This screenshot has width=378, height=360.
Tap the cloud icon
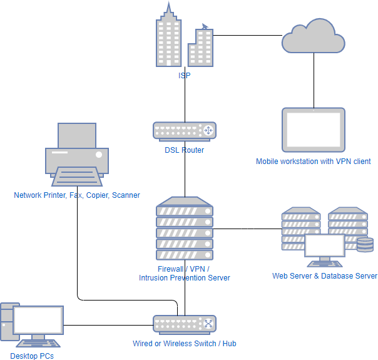click(312, 38)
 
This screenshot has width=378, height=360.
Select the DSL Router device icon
click(185, 130)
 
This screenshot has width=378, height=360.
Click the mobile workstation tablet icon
click(313, 130)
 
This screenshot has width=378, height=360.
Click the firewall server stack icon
click(185, 229)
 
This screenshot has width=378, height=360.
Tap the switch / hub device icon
click(185, 324)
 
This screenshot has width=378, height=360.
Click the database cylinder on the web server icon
click(364, 244)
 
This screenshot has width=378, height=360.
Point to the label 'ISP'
click(184, 75)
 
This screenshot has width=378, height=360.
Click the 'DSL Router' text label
click(185, 150)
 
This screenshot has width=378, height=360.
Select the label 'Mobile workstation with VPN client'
click(313, 162)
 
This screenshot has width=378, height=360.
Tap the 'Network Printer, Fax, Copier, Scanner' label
click(77, 195)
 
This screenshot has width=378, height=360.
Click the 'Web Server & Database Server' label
click(324, 276)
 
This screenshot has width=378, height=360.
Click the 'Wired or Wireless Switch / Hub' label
click(185, 344)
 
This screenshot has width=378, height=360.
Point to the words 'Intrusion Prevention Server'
click(185, 277)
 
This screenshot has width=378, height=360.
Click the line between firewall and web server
click(247, 229)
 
